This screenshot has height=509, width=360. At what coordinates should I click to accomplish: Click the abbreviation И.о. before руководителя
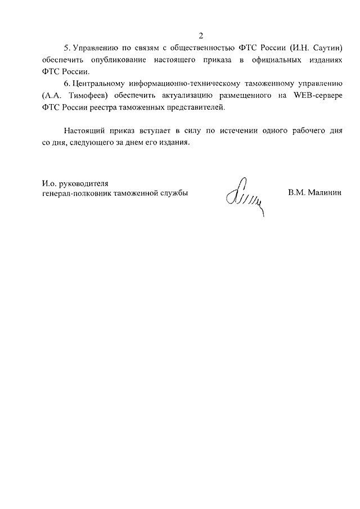click(49, 183)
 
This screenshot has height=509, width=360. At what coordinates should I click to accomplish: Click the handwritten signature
click(244, 197)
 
